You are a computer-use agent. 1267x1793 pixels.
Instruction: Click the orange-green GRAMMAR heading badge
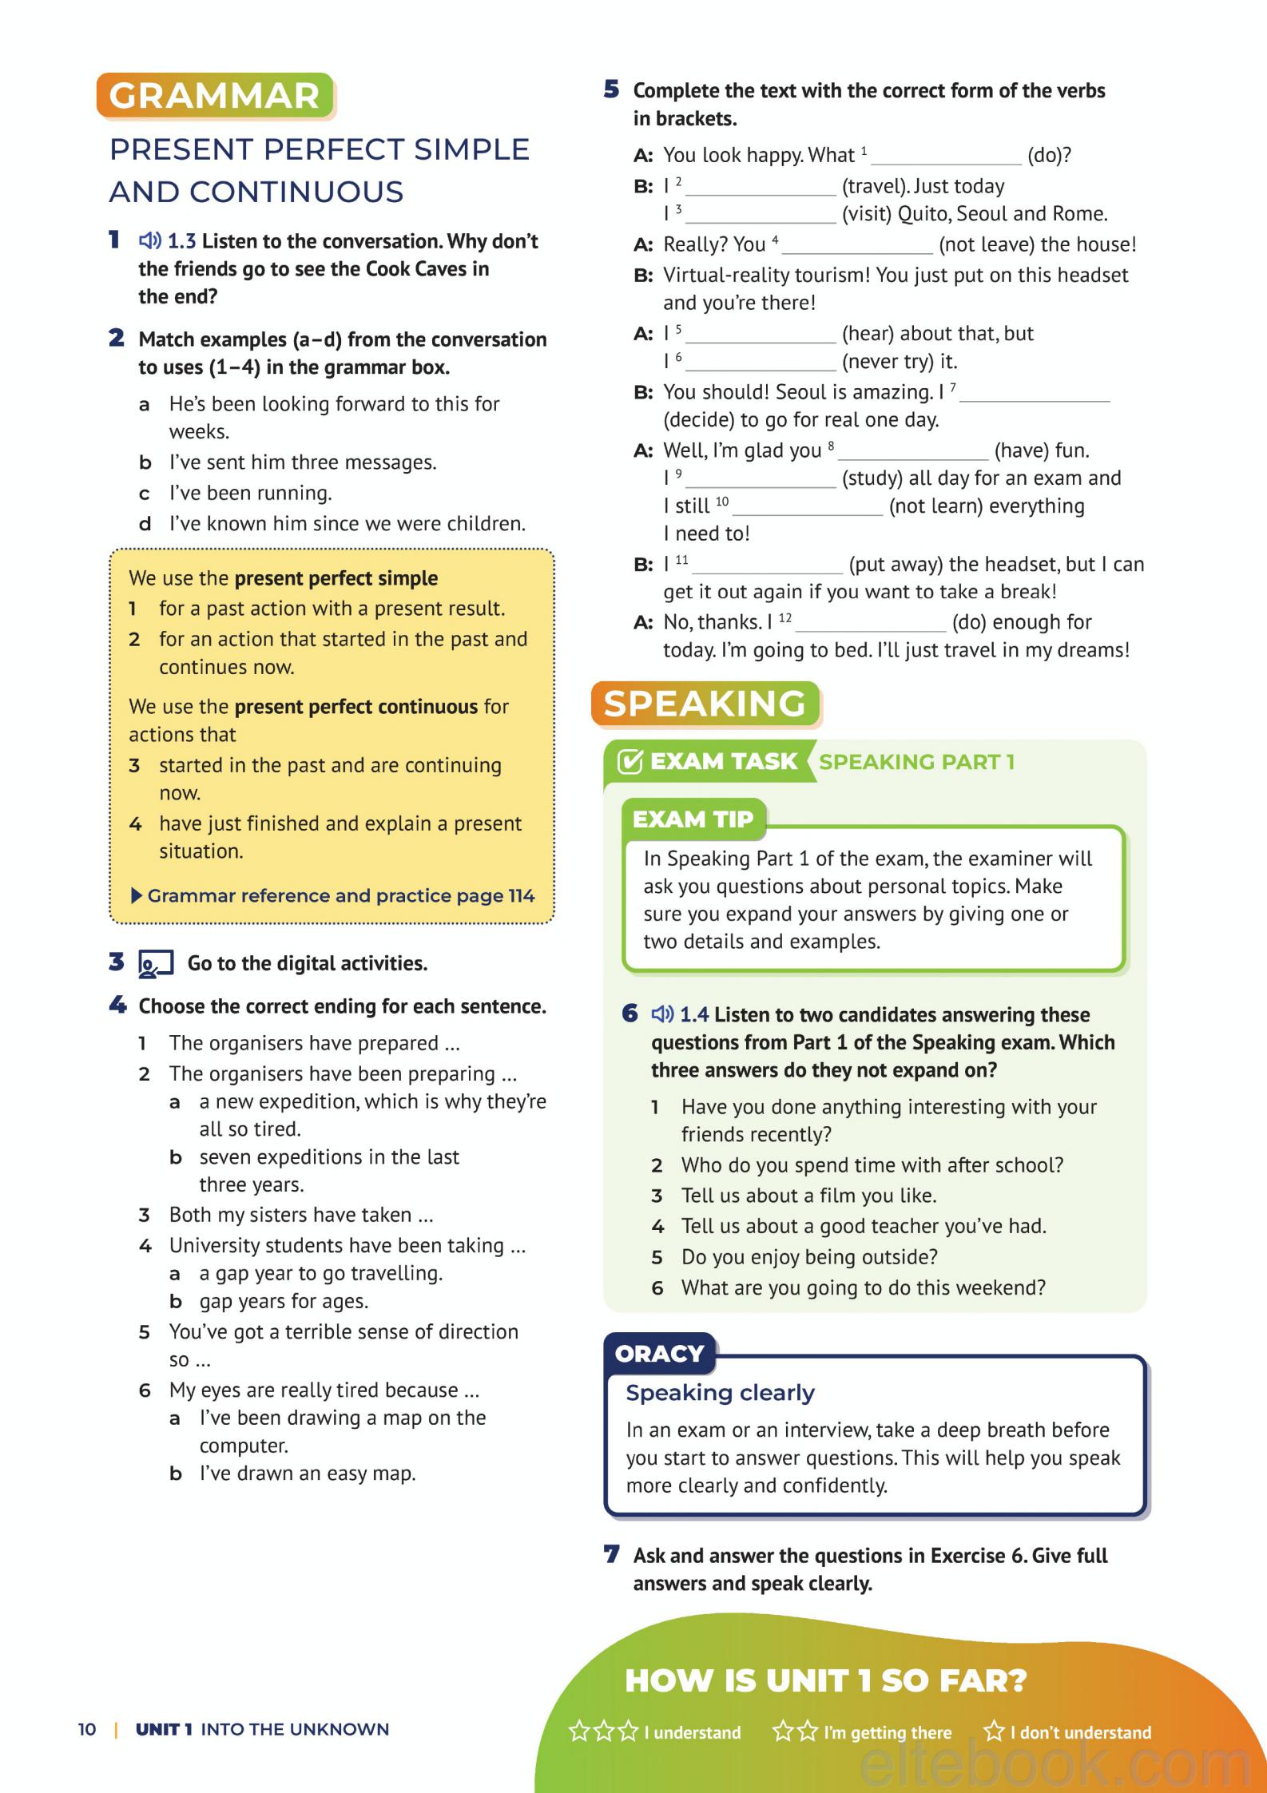pyautogui.click(x=214, y=96)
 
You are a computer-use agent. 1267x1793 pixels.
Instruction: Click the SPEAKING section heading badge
pyautogui.click(x=705, y=704)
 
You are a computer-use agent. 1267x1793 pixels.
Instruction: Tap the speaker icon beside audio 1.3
pyautogui.click(x=149, y=240)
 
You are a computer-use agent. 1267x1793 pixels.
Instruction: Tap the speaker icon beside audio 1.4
pyautogui.click(x=662, y=1014)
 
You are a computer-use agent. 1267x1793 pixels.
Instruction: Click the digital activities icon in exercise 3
pyautogui.click(x=155, y=964)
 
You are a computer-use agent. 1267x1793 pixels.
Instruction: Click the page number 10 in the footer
pyautogui.click(x=86, y=1729)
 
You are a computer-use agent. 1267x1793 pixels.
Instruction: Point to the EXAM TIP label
pyautogui.click(x=693, y=819)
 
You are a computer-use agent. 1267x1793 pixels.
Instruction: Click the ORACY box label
pyautogui.click(x=659, y=1354)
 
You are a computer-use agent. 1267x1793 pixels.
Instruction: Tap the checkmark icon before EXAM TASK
pyautogui.click(x=630, y=762)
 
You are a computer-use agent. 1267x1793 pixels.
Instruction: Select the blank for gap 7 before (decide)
pyautogui.click(x=1039, y=394)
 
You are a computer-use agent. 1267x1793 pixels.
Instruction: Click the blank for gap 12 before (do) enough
pyautogui.click(x=870, y=624)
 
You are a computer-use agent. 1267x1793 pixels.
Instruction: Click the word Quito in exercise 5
pyautogui.click(x=923, y=214)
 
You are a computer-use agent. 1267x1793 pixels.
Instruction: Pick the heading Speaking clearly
pyautogui.click(x=720, y=1393)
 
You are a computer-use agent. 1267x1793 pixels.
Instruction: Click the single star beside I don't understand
pyautogui.click(x=994, y=1731)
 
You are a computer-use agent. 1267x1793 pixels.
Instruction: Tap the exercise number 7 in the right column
pyautogui.click(x=612, y=1555)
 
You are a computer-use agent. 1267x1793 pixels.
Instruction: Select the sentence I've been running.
pyautogui.click(x=250, y=494)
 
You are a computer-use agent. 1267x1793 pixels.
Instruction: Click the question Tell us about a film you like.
pyautogui.click(x=808, y=1196)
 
